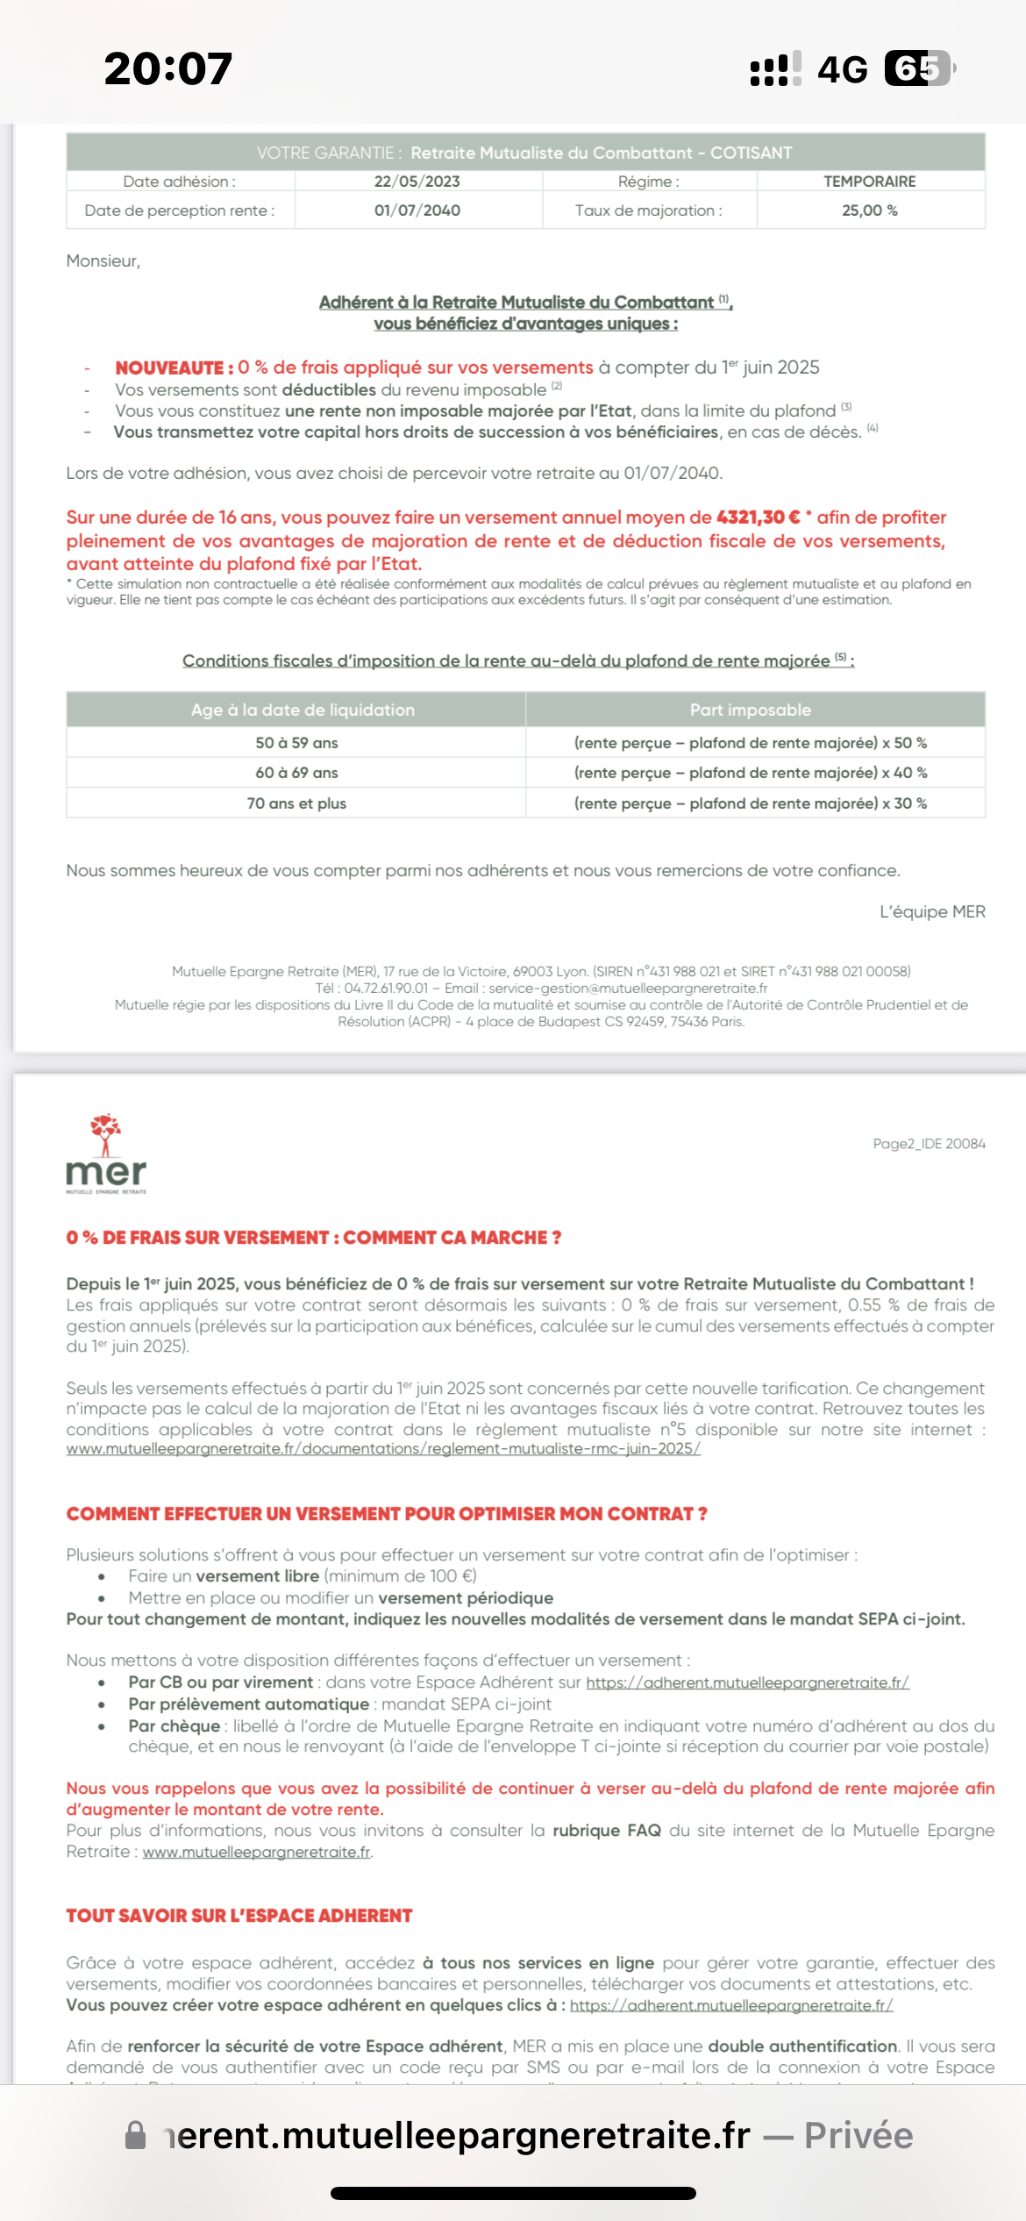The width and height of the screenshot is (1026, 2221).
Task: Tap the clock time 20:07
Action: [167, 68]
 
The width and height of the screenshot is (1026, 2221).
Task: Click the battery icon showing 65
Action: [918, 68]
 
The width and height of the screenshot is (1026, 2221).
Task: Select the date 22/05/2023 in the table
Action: [417, 182]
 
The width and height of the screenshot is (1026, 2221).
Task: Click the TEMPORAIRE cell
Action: [869, 182]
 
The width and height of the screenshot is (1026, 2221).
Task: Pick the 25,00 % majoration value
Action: [869, 211]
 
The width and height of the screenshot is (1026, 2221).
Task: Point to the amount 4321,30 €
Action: [758, 518]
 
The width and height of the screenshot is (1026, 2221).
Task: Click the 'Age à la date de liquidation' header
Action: [303, 710]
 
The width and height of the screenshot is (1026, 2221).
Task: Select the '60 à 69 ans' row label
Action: [296, 773]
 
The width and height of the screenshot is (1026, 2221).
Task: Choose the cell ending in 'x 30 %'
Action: [750, 803]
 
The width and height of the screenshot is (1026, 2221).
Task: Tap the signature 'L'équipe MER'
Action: [931, 912]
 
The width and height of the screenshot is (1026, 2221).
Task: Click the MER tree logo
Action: [106, 1153]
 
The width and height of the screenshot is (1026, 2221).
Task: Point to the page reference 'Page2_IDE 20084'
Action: [929, 1144]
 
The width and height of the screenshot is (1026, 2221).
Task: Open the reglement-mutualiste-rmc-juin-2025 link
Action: [383, 1449]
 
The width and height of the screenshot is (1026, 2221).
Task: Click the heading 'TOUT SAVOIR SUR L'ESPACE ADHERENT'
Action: [239, 1916]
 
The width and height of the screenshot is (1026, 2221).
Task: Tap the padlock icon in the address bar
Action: [136, 2136]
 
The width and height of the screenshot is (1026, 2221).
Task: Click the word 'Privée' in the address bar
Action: [859, 2136]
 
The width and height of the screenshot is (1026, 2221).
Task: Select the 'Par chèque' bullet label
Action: [174, 1726]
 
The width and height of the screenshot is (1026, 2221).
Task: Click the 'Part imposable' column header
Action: [750, 710]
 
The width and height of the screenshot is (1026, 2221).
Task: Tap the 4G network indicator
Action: [842, 68]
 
